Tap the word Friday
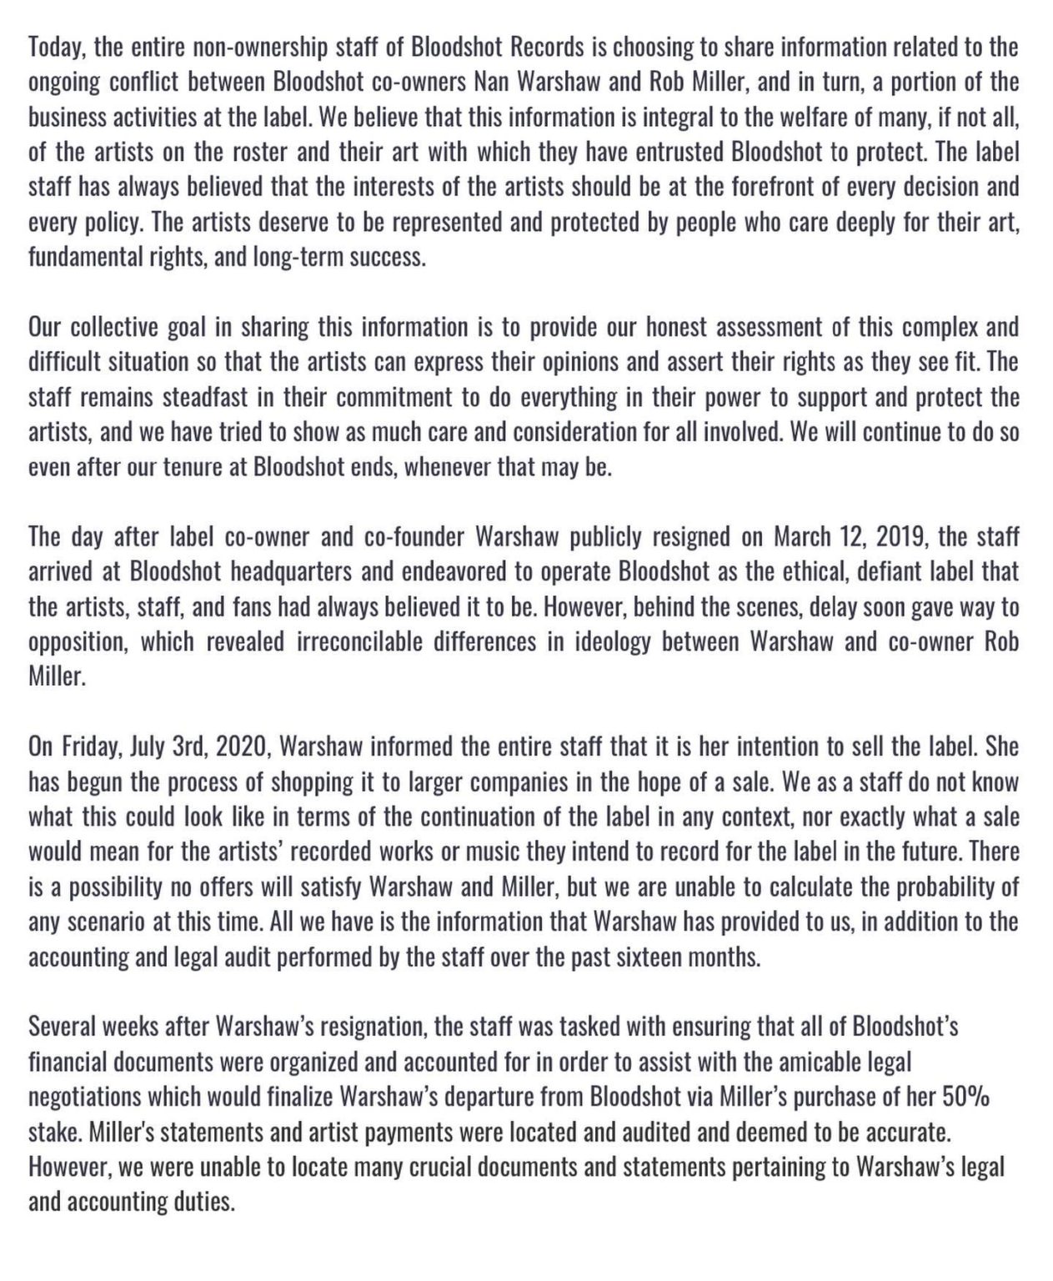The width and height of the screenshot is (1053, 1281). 93,746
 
